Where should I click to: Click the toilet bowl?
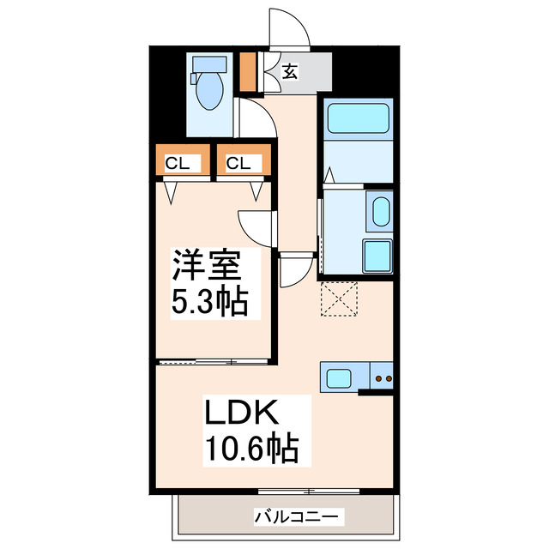coord(208,92)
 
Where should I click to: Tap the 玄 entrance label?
coord(290,73)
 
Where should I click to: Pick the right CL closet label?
coord(239,163)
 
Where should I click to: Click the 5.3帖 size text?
coord(211,301)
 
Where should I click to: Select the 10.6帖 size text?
coord(250,449)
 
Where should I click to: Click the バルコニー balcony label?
coord(299,516)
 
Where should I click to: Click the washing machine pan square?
coord(377,255)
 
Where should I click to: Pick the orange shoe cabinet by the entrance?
coord(248,73)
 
